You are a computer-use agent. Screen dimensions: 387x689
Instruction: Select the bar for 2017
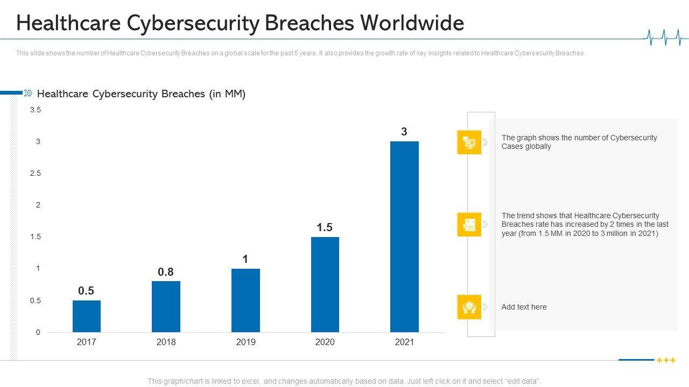point(87,316)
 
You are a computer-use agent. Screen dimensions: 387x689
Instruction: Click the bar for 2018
point(166,306)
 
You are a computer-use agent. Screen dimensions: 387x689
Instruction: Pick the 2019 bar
point(245,300)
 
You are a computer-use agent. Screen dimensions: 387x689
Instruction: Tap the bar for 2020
point(325,284)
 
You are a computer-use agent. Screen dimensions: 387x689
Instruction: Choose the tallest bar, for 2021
point(404,236)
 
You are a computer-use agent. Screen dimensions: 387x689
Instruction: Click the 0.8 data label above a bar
point(166,272)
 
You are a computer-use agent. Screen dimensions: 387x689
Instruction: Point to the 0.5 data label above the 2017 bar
point(86,291)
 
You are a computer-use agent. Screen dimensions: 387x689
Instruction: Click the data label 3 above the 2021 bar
point(404,132)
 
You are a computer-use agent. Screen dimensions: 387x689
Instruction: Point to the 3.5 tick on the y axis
point(36,110)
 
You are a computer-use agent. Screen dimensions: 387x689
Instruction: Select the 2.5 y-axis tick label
point(36,173)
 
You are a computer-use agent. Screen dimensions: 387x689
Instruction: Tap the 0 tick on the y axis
point(38,332)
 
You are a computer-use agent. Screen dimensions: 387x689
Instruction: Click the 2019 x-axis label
point(245,342)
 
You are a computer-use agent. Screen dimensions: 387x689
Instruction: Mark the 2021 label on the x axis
point(404,342)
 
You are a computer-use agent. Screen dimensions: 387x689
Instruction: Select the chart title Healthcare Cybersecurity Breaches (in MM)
point(141,94)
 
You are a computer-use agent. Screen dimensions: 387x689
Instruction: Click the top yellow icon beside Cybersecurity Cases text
point(469,142)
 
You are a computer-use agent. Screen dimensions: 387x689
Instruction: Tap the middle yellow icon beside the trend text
point(469,225)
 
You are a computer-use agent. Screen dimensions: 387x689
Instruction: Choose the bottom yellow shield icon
point(469,307)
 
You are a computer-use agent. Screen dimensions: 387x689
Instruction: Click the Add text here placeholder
point(524,307)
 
